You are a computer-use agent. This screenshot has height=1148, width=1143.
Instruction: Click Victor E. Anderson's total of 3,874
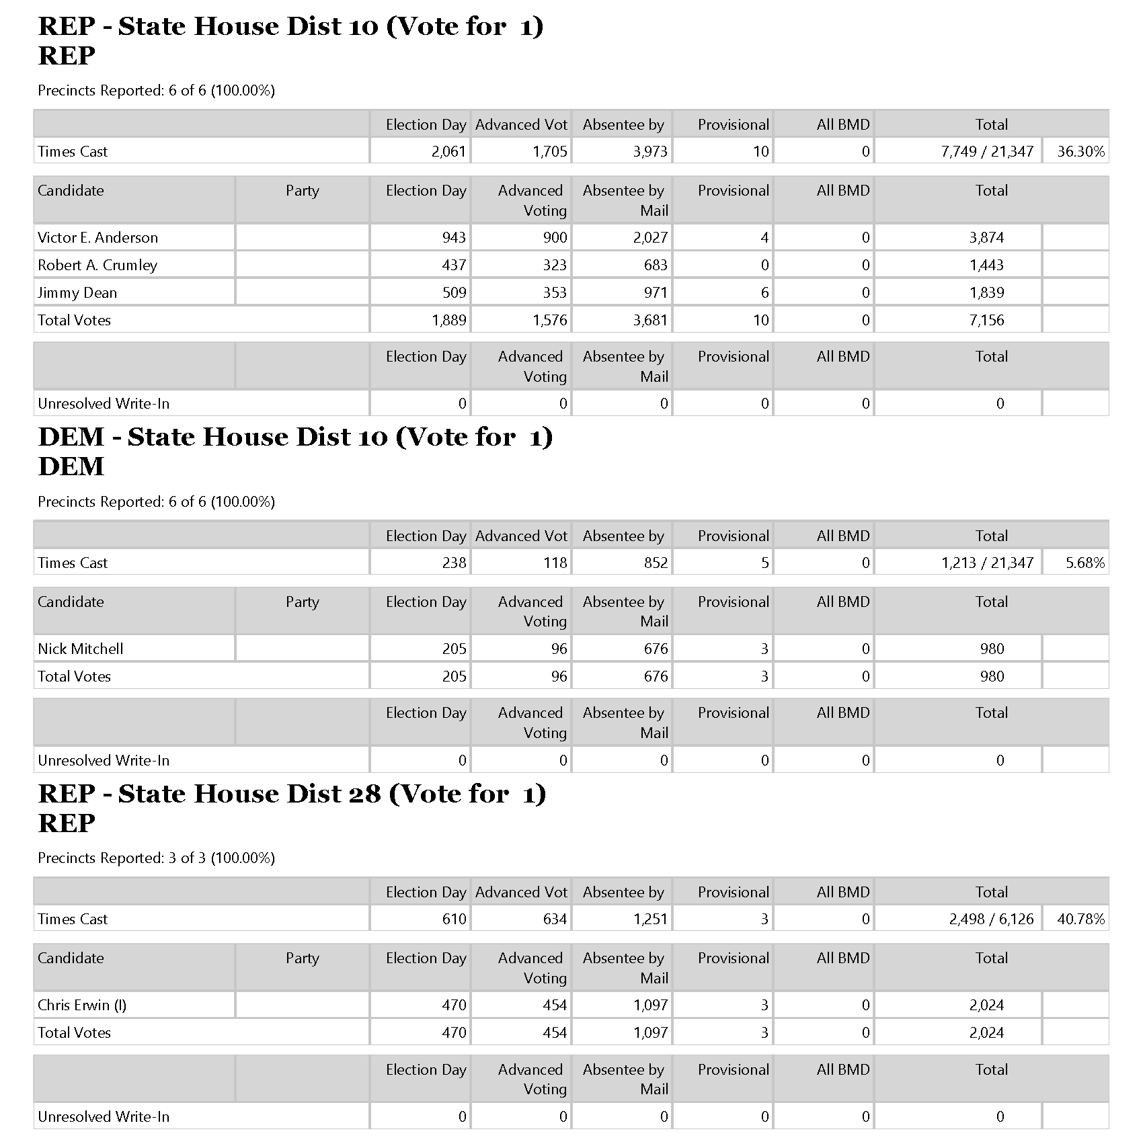pyautogui.click(x=986, y=238)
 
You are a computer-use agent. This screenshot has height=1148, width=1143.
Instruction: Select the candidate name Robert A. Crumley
pyautogui.click(x=97, y=265)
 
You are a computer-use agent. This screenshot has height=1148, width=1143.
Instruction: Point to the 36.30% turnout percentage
pyautogui.click(x=1080, y=152)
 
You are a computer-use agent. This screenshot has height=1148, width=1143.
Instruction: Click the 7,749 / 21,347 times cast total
pyautogui.click(x=987, y=152)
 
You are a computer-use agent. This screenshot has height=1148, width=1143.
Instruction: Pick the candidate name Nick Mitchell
pyautogui.click(x=81, y=649)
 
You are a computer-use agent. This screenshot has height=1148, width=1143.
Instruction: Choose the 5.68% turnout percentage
pyautogui.click(x=1085, y=563)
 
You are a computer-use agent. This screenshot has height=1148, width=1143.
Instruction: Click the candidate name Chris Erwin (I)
pyautogui.click(x=82, y=1006)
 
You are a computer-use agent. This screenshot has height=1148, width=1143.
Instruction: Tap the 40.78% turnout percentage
pyautogui.click(x=1080, y=919)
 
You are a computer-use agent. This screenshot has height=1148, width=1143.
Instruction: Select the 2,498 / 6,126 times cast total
pyautogui.click(x=991, y=919)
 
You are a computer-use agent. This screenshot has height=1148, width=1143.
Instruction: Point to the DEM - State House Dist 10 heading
pyautogui.click(x=295, y=438)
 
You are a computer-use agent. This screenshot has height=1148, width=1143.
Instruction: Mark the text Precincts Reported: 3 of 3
pyautogui.click(x=156, y=858)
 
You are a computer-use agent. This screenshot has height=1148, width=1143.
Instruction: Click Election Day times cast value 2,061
pyautogui.click(x=448, y=152)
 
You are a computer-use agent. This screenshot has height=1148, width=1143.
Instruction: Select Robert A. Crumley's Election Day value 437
pyautogui.click(x=454, y=265)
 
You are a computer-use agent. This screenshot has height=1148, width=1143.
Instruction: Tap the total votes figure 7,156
pyautogui.click(x=986, y=321)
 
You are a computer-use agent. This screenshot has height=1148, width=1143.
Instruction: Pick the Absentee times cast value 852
pyautogui.click(x=655, y=563)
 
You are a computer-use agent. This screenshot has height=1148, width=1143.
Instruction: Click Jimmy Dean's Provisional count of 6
pyautogui.click(x=764, y=293)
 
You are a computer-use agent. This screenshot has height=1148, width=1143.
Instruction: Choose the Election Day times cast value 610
pyautogui.click(x=454, y=919)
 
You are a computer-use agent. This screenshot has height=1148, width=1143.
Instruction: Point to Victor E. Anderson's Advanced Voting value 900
pyautogui.click(x=554, y=238)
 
